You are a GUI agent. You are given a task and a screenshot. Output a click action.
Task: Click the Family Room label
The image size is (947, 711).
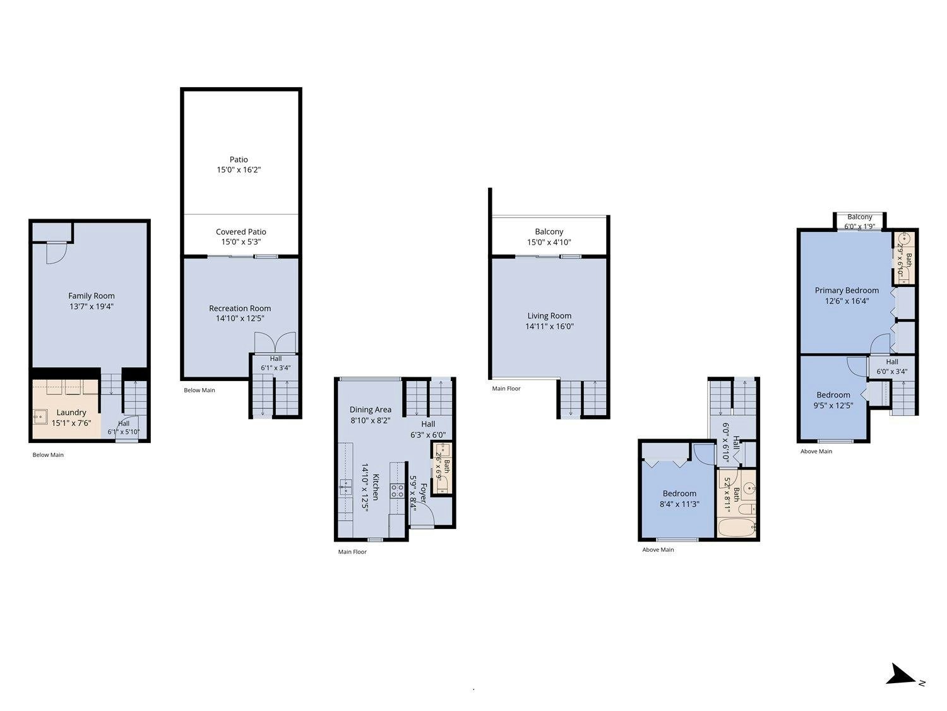click(x=92, y=296)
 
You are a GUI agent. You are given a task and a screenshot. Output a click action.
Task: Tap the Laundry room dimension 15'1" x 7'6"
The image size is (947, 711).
click(x=71, y=423)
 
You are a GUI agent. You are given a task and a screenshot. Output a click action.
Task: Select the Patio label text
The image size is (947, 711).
click(x=239, y=159)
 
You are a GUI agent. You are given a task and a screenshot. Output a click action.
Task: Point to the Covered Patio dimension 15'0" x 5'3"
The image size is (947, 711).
click(x=241, y=242)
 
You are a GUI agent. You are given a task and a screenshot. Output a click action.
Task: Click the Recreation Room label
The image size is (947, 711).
click(x=240, y=308)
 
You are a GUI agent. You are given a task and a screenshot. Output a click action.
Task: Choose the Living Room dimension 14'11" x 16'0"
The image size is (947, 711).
click(x=549, y=326)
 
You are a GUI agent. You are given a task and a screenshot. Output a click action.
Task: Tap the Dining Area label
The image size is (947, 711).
click(x=371, y=410)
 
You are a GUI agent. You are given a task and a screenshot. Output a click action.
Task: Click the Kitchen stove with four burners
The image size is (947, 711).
click(x=397, y=491)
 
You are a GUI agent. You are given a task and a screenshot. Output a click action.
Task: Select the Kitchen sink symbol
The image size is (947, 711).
click(x=345, y=487)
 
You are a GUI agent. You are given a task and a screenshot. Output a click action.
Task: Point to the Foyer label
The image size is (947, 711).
click(x=423, y=493)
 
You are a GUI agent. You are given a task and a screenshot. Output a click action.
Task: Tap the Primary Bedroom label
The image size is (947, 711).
click(x=847, y=291)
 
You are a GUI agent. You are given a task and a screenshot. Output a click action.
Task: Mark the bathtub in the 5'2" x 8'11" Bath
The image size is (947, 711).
click(x=737, y=528)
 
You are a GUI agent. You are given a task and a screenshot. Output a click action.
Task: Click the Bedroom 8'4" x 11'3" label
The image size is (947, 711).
click(x=679, y=494)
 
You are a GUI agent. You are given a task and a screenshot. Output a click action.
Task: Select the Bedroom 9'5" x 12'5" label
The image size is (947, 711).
click(x=833, y=395)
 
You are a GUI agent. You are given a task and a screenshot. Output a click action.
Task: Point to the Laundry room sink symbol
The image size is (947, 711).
click(x=40, y=417)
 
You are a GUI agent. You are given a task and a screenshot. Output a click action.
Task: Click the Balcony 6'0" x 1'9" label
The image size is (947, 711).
click(x=860, y=217)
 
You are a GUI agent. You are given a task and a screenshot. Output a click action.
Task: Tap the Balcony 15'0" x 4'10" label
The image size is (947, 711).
click(x=549, y=232)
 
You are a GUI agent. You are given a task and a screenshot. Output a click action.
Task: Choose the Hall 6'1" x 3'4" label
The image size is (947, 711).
click(x=276, y=359)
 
